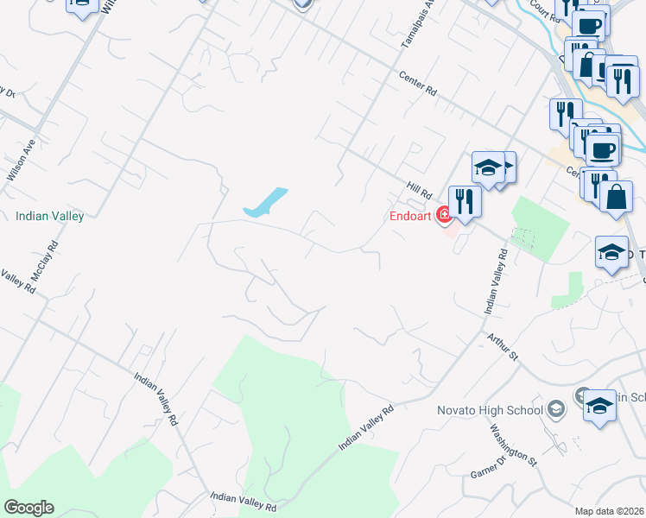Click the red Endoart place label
point(409,217)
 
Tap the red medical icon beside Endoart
point(445,215)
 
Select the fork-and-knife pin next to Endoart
point(465,202)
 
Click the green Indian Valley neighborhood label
point(49,216)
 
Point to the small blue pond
point(266,202)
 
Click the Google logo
point(28,508)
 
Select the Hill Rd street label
point(419,188)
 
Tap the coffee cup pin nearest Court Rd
point(588,25)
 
